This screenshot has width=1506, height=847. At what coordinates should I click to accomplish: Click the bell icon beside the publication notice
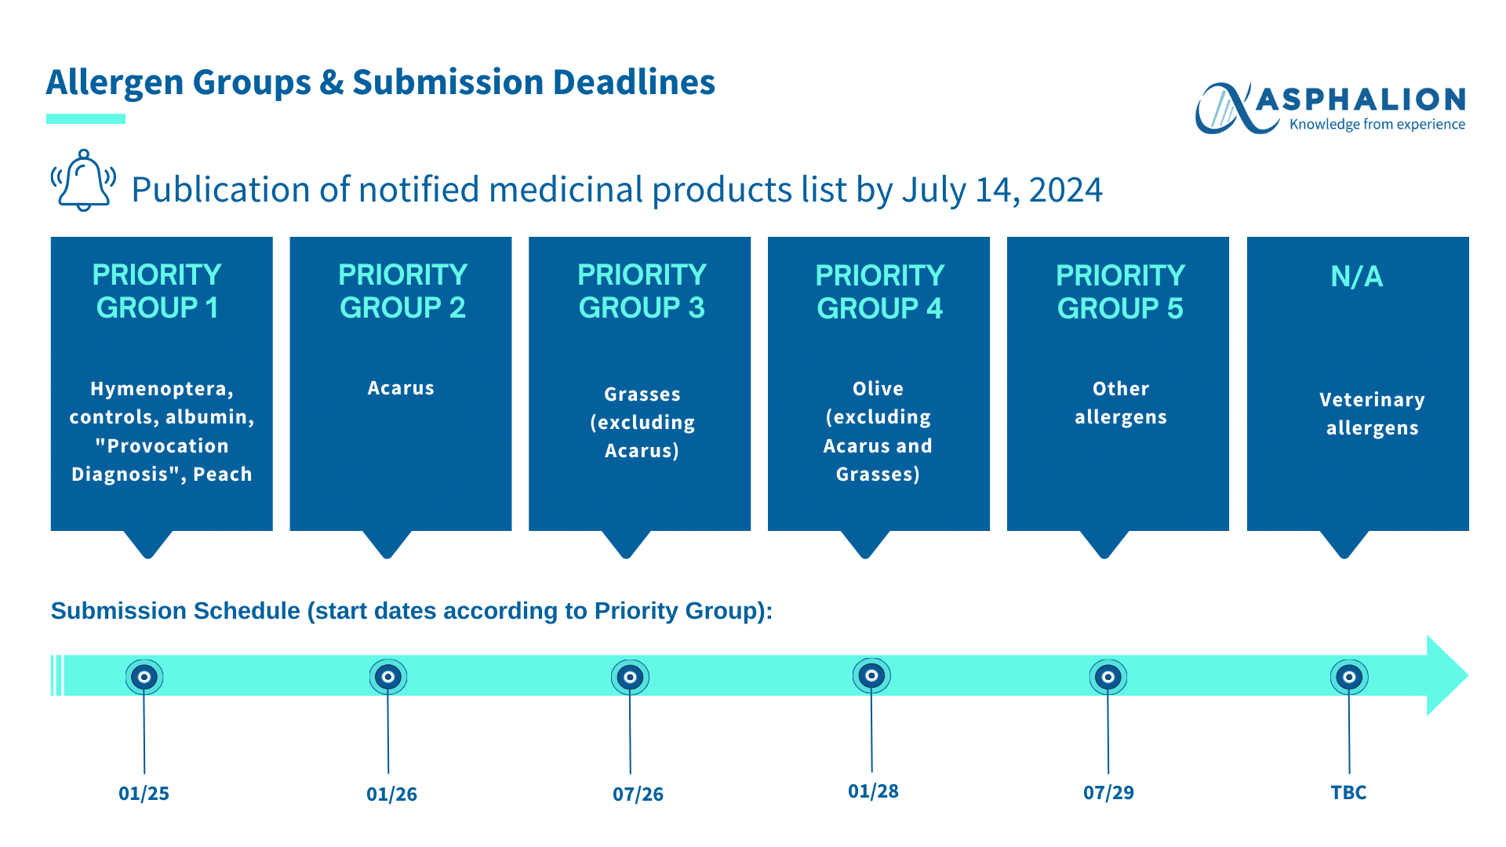click(83, 180)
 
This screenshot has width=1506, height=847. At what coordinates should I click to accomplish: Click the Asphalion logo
click(1330, 108)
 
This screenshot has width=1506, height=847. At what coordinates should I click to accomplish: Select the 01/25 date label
click(144, 794)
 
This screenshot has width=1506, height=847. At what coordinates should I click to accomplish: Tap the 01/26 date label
click(391, 794)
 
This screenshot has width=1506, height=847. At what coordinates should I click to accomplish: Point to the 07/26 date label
click(638, 794)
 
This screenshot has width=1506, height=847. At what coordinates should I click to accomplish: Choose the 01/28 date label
click(873, 791)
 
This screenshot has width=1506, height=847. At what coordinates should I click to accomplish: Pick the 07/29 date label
click(1108, 793)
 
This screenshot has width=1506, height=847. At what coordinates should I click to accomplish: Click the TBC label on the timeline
click(1348, 793)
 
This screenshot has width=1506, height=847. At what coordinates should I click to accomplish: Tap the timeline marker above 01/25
click(144, 677)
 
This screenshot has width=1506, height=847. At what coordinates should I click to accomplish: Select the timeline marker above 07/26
click(630, 677)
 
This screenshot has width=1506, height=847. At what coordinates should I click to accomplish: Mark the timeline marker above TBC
click(1349, 677)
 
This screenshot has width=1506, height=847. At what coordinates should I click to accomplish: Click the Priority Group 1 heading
click(157, 291)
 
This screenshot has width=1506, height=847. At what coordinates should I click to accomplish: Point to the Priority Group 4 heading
click(879, 292)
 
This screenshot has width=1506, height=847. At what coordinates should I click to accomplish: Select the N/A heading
click(1357, 276)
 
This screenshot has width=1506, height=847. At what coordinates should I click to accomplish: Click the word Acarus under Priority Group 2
click(401, 388)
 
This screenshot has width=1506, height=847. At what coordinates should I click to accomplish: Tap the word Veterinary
click(1372, 400)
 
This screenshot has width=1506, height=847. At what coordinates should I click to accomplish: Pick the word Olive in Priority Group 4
click(878, 389)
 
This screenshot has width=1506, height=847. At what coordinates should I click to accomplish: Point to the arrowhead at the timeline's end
click(1447, 675)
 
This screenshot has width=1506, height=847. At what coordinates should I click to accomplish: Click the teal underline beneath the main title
click(85, 118)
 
